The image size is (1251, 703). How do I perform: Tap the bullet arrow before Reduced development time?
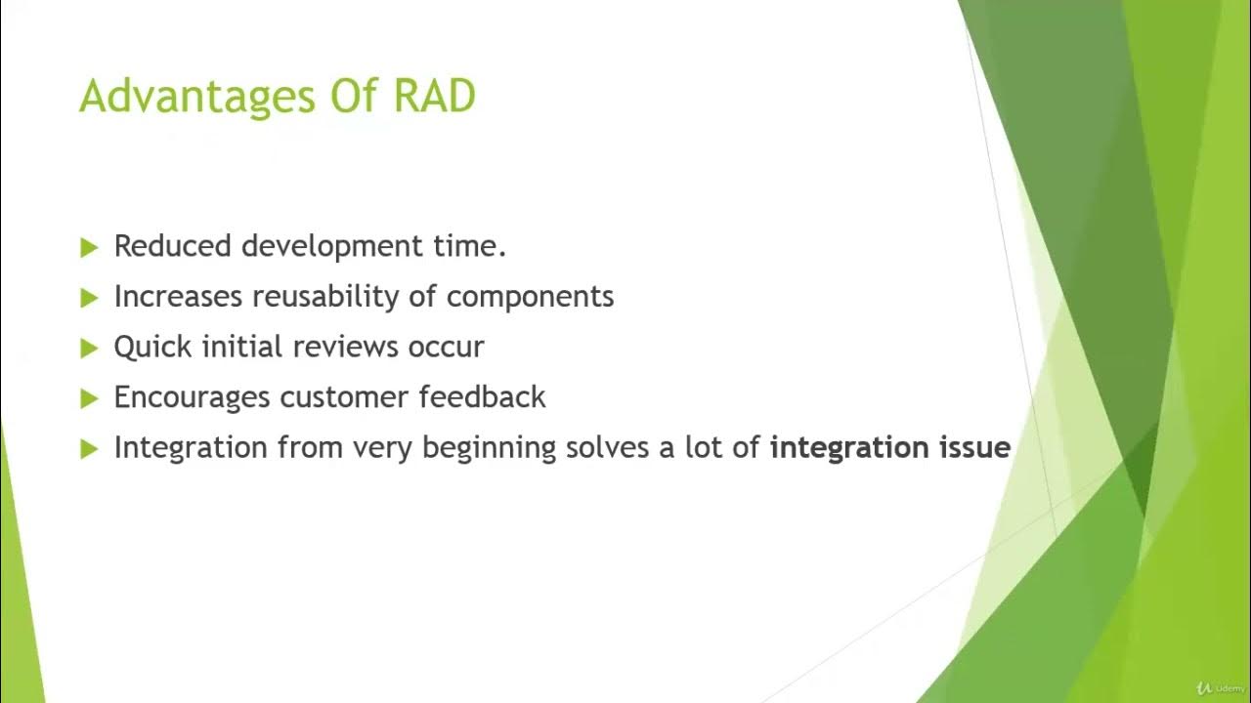tap(90, 248)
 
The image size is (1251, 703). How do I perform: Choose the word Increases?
tap(178, 297)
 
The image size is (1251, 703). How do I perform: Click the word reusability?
tap(326, 297)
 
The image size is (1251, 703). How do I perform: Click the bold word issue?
tap(972, 448)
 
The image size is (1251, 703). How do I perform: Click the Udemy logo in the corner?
tap(1220, 688)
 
